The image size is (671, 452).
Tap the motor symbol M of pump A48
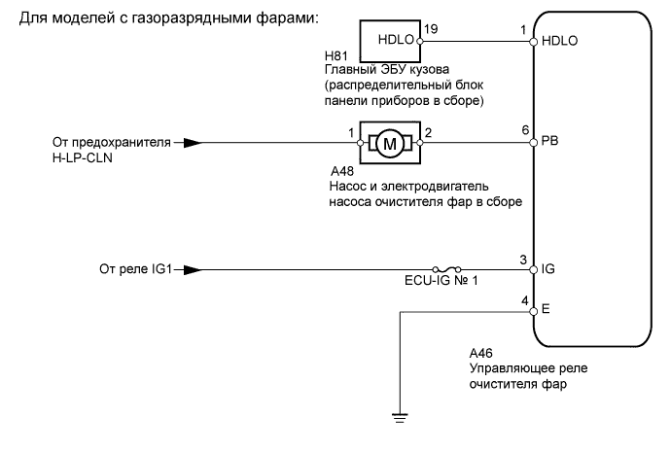point(390,142)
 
